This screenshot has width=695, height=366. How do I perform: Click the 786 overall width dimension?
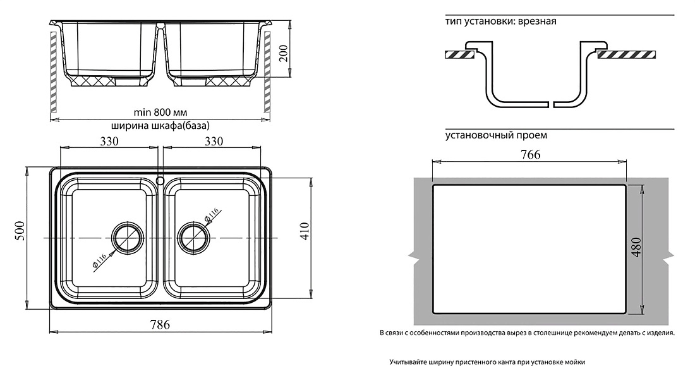(x=160, y=324)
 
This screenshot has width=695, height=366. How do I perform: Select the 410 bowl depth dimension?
(x=304, y=231)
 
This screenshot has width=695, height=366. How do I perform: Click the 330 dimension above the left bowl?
(x=109, y=141)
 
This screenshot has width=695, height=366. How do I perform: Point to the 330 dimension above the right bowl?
(x=213, y=141)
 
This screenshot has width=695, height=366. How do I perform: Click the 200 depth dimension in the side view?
(x=284, y=53)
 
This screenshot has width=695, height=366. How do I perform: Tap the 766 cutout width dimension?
(x=530, y=154)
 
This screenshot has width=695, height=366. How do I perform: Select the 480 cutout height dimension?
(x=636, y=248)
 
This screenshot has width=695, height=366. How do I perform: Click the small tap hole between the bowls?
(x=160, y=180)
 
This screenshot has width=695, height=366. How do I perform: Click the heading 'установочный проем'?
(x=497, y=135)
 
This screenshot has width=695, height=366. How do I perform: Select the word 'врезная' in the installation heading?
(x=538, y=21)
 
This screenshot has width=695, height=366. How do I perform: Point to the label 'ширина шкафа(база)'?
(x=160, y=126)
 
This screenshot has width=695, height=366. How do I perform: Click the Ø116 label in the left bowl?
(x=100, y=262)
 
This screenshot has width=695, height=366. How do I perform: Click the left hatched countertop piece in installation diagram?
(x=459, y=54)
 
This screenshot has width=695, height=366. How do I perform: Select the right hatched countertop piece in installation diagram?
(x=627, y=54)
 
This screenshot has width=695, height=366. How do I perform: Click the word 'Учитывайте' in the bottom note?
(x=408, y=362)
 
